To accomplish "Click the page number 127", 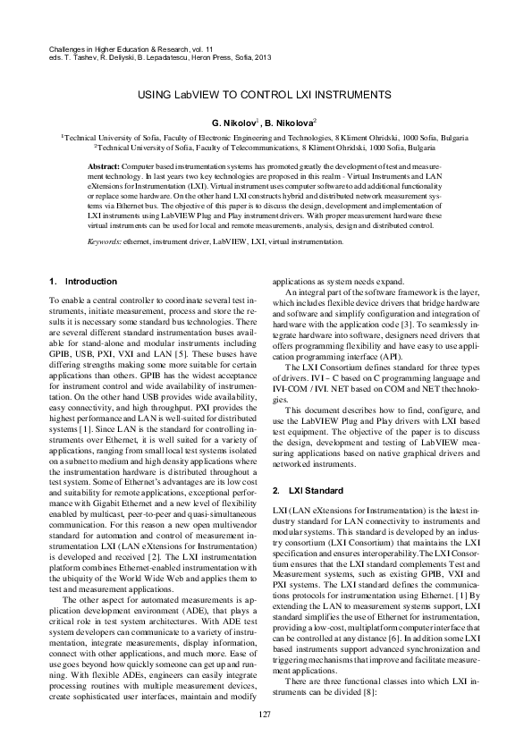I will click(x=265, y=713).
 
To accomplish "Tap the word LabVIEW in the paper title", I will click(x=218, y=93).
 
